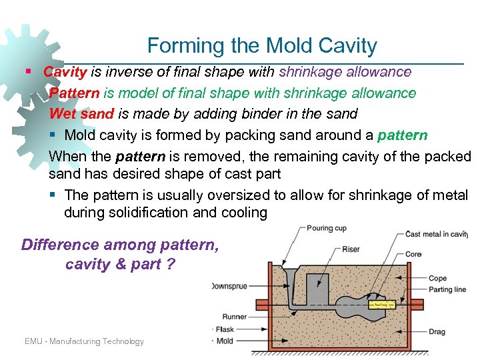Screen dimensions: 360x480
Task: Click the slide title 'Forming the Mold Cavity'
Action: (262, 45)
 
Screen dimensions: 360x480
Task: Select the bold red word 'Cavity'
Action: (65, 71)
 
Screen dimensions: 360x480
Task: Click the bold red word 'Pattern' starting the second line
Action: (74, 93)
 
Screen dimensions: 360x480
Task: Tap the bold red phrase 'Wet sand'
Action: (81, 114)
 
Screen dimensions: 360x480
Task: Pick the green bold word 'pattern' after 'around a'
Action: (402, 135)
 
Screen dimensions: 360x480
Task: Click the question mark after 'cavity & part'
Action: (171, 264)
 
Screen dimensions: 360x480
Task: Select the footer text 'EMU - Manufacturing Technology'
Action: (84, 341)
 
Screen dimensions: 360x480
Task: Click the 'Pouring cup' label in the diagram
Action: (327, 229)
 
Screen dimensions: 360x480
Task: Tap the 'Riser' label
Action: (351, 249)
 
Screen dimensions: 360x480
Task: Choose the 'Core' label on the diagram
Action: (413, 255)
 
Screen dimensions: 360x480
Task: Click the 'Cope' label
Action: (437, 279)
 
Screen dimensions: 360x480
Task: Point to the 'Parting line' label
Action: (447, 289)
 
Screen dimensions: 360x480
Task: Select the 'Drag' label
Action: (437, 331)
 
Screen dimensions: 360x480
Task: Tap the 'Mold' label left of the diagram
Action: (225, 341)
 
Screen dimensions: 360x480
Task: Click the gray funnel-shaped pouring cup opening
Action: (290, 275)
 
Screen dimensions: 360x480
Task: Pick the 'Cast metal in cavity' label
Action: (436, 234)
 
